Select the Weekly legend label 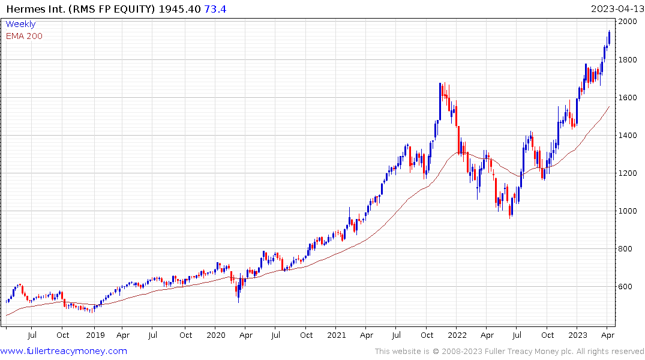20,25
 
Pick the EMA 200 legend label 24,36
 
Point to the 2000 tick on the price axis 629,22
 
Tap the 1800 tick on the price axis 629,59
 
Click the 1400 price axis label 629,135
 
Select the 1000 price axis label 629,211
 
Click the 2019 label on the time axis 95,335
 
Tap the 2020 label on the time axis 216,335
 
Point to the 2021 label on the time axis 336,335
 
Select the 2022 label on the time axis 457,335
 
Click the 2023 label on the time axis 577,335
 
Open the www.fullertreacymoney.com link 64,351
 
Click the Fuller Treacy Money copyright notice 509,352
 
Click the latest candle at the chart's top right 609,37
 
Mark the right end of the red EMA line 609,107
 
